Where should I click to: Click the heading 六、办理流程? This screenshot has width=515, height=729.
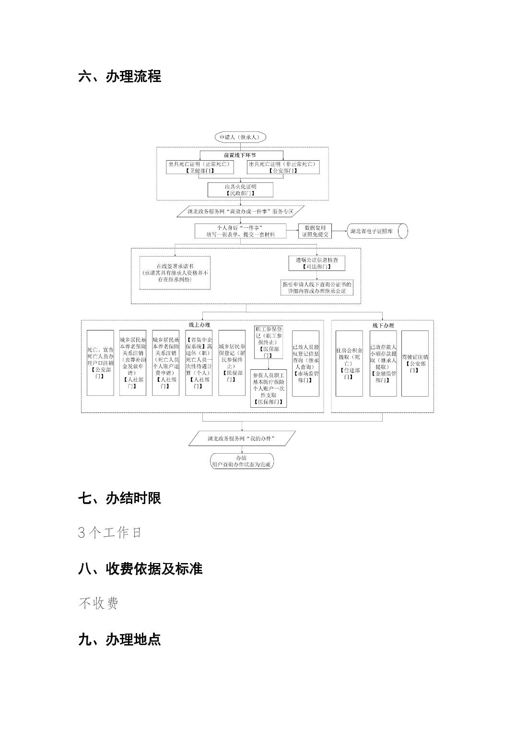[x=119, y=76]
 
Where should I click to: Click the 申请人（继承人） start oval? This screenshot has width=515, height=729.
[x=240, y=137]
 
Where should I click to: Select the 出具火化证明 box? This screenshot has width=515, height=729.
[x=240, y=189]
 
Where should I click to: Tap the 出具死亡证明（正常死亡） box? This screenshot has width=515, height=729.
[x=199, y=167]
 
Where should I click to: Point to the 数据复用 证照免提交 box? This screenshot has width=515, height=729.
[x=315, y=231]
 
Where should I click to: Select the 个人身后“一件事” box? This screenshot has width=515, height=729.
[x=240, y=231]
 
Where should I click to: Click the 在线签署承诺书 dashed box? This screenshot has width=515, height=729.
[x=175, y=272]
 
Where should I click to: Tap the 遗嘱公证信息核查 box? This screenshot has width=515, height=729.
[x=316, y=263]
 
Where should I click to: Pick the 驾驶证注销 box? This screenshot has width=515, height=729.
[x=415, y=363]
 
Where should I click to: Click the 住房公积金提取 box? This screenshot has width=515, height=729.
[x=349, y=363]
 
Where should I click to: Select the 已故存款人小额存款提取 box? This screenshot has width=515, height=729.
[x=383, y=363]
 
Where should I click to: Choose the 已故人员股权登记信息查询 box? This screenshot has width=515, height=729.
[x=305, y=363]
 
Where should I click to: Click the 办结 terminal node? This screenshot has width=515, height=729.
[x=242, y=461]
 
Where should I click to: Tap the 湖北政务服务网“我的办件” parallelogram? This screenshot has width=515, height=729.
[x=242, y=438]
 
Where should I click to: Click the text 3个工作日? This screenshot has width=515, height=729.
[x=110, y=532]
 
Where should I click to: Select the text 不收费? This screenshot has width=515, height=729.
[x=98, y=603]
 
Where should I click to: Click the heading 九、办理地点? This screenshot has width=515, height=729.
[x=119, y=639]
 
